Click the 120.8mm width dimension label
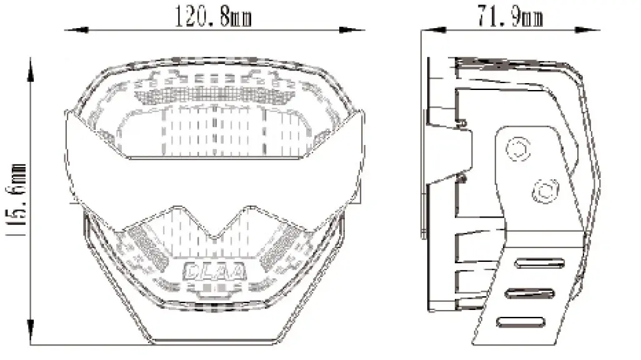click(x=213, y=16)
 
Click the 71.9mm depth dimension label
click(x=510, y=16)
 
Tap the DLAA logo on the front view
click(x=215, y=271)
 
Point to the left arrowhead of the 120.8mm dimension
click(x=77, y=30)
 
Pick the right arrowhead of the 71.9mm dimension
click(x=587, y=30)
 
